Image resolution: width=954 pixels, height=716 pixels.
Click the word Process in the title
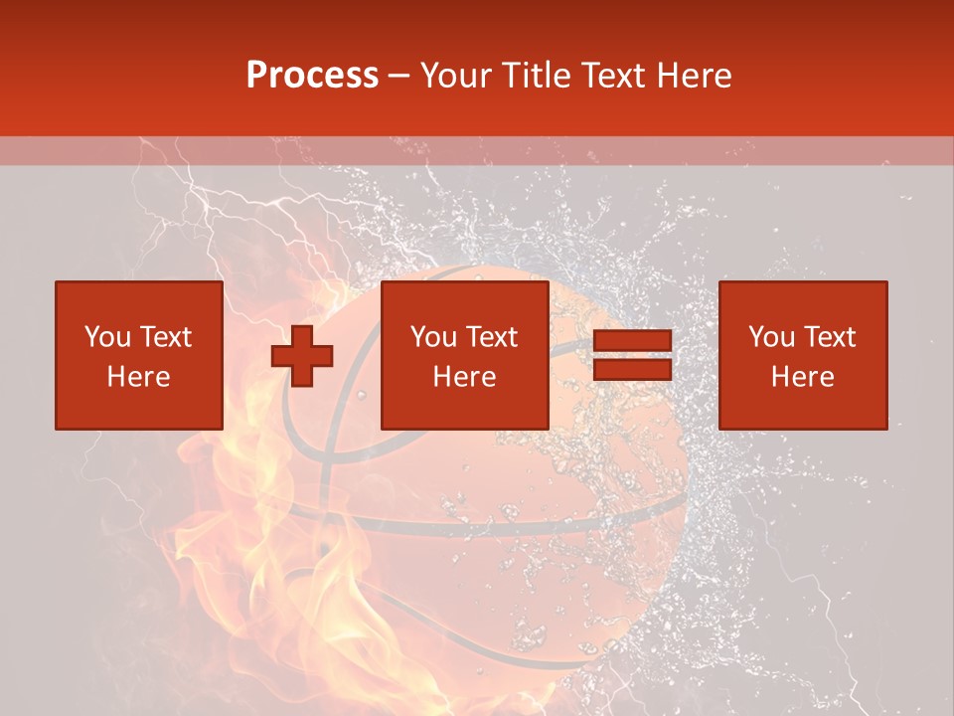312,76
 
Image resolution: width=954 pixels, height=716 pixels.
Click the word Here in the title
695,76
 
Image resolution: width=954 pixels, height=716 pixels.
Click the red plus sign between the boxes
302,356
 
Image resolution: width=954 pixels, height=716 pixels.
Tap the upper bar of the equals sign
633,341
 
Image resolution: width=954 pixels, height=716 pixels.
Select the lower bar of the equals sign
633,369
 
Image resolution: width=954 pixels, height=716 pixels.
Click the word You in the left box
106,337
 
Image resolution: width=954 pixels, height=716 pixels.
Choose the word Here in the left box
138,377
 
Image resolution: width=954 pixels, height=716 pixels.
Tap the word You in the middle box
433,337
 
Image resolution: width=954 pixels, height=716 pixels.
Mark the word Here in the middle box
465,377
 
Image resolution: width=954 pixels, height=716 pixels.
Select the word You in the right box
771,337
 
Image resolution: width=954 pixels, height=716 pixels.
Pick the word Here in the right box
803,377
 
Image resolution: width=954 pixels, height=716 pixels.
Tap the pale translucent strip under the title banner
477,151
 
